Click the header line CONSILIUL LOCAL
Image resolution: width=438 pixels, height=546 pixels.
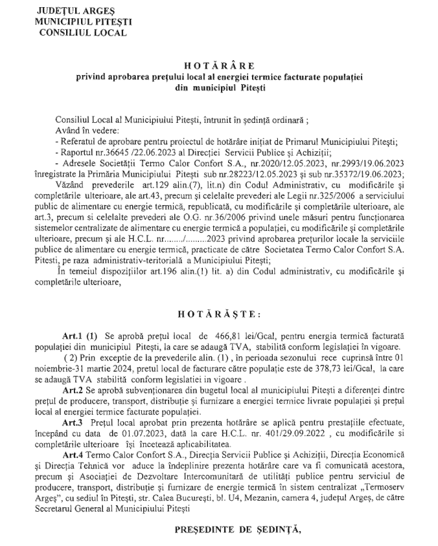[83, 32]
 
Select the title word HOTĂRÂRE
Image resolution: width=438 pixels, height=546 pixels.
[220, 66]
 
